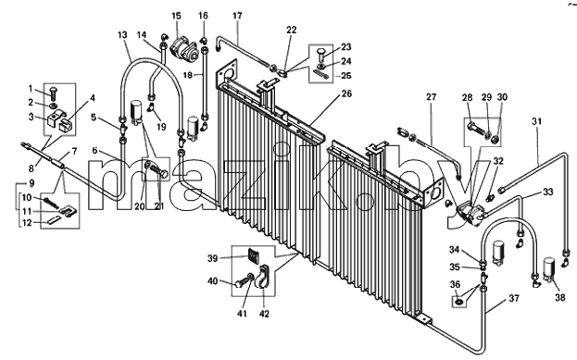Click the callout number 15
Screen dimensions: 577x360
[176, 16]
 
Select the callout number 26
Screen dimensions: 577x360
[346, 93]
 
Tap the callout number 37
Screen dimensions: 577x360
[514, 298]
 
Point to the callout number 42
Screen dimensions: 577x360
[264, 314]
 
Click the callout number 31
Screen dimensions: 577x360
[536, 121]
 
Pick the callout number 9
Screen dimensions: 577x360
[31, 182]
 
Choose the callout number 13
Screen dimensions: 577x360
[122, 35]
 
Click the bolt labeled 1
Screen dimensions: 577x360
[53, 93]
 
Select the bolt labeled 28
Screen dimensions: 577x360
[477, 129]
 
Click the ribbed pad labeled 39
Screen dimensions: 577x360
[254, 254]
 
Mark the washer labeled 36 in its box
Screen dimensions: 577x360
[458, 303]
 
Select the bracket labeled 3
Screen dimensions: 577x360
[54, 119]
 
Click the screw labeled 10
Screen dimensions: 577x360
[51, 203]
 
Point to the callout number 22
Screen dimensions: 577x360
[291, 31]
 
